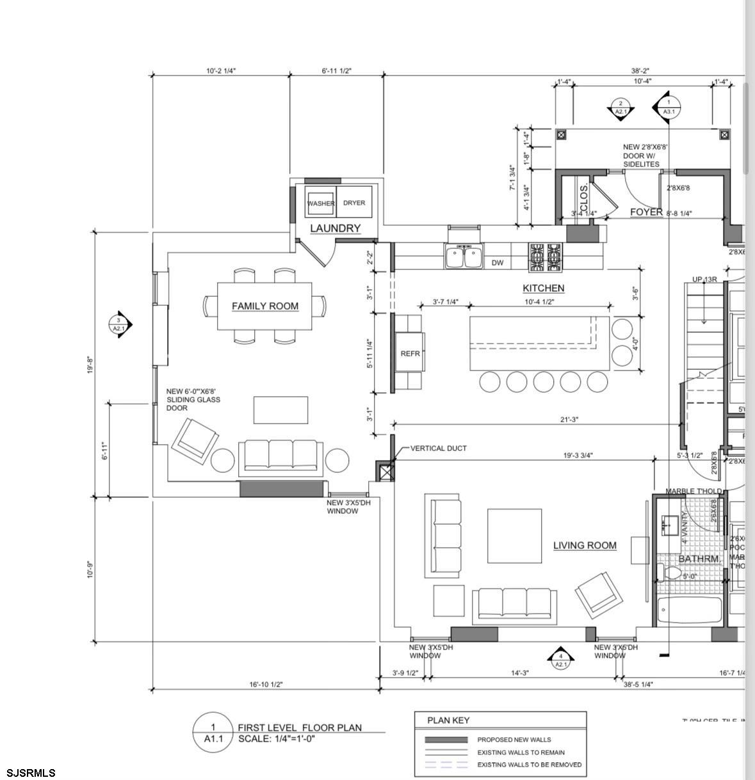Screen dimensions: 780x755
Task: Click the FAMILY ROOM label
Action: (x=264, y=306)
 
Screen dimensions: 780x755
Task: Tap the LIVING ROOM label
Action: (x=585, y=545)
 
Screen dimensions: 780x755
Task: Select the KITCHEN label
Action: (x=543, y=288)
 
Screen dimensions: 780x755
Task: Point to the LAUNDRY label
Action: (x=335, y=228)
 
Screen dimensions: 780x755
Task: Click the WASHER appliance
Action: (x=321, y=203)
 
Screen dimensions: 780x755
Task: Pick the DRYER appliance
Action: (x=354, y=203)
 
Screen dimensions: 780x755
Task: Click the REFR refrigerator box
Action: (x=410, y=353)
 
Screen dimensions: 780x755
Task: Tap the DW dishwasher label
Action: (x=498, y=262)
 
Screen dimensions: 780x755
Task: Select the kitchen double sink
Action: (x=464, y=257)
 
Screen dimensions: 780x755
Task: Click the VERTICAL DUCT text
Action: (x=438, y=448)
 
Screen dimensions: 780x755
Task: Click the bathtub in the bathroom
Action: (x=689, y=610)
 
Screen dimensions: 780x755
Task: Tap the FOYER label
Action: (x=645, y=212)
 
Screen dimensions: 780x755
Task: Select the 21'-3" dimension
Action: (x=569, y=420)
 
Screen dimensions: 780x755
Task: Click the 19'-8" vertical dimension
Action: (x=91, y=365)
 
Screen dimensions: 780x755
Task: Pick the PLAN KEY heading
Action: (x=448, y=720)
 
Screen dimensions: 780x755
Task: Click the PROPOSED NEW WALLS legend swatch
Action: (x=446, y=740)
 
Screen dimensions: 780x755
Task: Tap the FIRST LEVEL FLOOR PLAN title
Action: (x=299, y=728)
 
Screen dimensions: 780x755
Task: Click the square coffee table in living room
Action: (x=515, y=536)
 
